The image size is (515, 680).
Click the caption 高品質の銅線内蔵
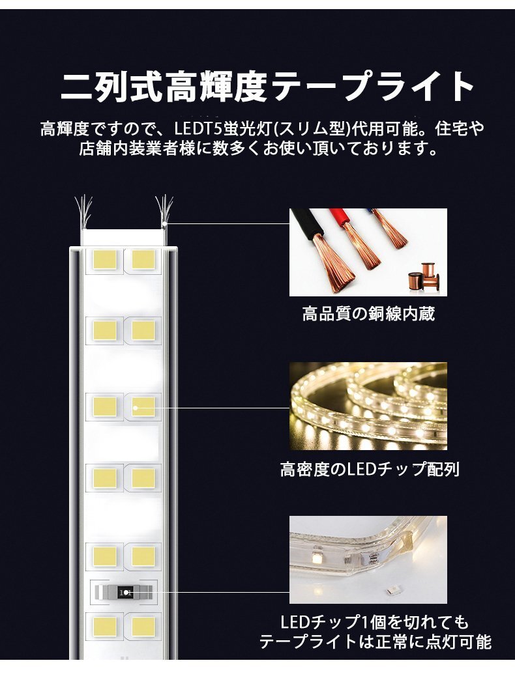point(368,315)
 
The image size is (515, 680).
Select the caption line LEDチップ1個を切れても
point(374,622)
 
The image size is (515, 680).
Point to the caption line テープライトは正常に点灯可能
point(375,642)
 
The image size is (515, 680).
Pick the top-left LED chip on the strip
point(104,259)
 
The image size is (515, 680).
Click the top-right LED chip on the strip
point(143,259)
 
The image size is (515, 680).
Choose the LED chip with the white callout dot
point(143,407)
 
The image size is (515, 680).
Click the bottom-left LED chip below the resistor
point(104,627)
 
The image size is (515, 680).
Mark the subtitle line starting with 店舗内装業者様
point(257,149)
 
